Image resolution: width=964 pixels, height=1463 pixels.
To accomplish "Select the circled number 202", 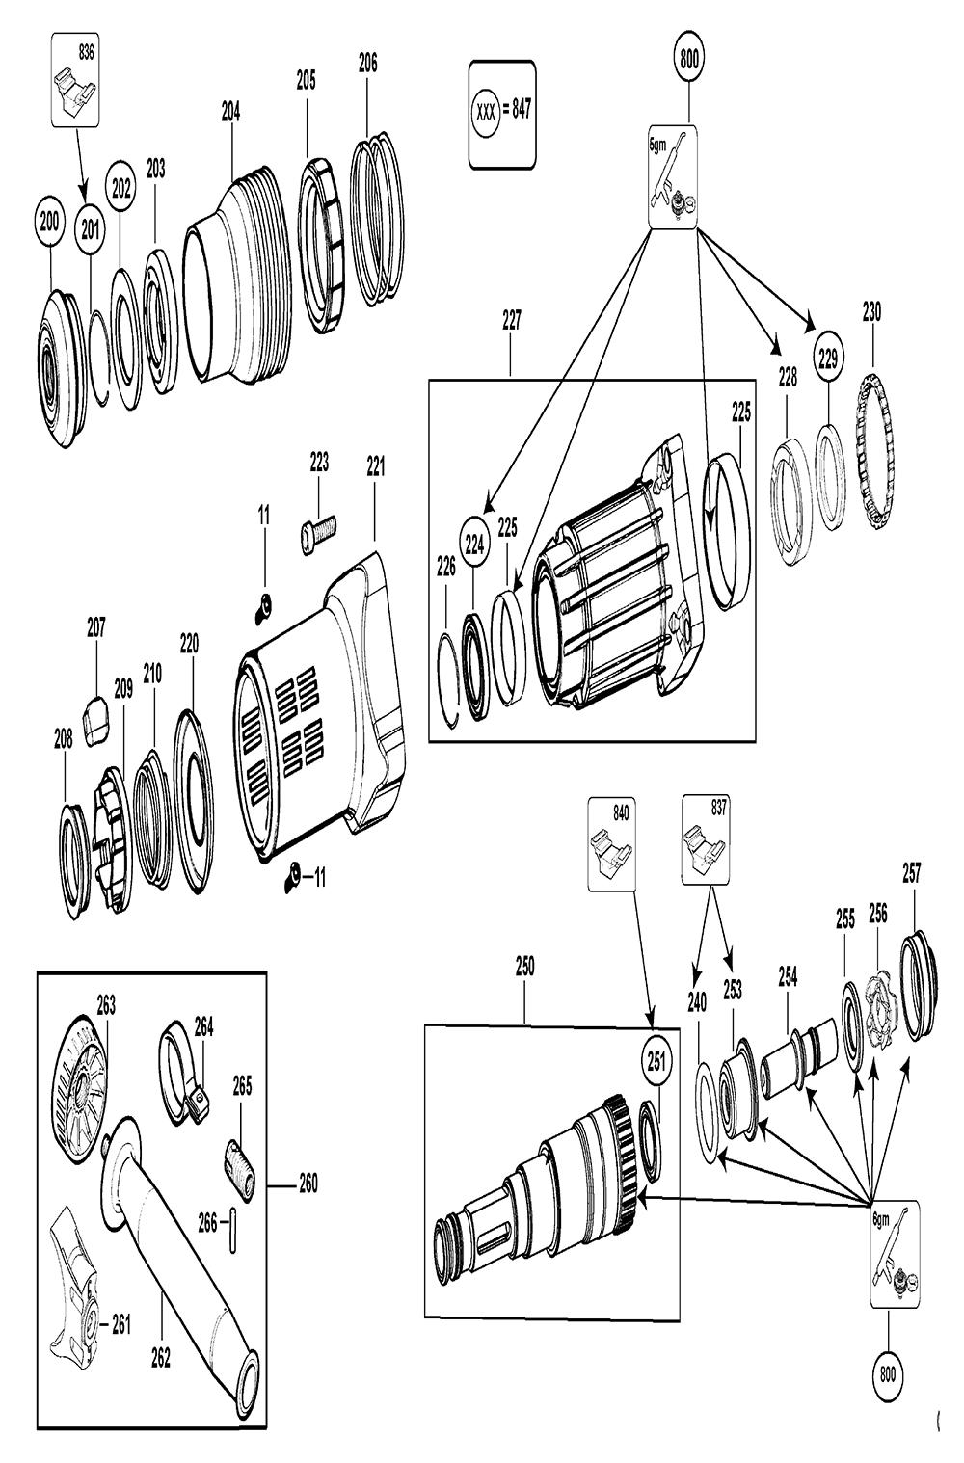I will tap(120, 189).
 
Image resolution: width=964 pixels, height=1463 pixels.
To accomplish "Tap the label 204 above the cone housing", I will tap(230, 112).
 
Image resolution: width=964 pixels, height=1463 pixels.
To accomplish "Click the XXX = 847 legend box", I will tap(501, 116).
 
